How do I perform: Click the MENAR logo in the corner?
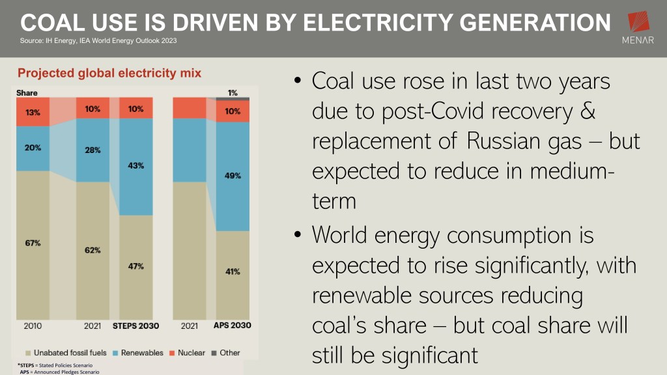[x=638, y=29]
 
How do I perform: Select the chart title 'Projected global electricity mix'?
[x=109, y=73]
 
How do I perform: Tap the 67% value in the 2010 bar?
[x=33, y=243]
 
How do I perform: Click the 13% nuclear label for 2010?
[x=33, y=112]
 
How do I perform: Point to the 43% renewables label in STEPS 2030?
[x=136, y=165]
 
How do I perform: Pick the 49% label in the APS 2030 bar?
[x=233, y=175]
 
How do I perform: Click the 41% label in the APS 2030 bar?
[x=233, y=271]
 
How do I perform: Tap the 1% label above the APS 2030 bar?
[x=233, y=92]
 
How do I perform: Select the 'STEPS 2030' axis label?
[x=135, y=325]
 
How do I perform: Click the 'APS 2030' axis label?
[x=233, y=325]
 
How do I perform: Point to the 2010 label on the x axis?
[x=33, y=325]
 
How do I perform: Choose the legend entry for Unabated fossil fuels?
[x=65, y=353]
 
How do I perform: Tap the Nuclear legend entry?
[x=189, y=353]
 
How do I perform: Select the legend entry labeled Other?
[x=225, y=353]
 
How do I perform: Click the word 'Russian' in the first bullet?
[x=505, y=141]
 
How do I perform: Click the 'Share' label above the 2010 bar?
[x=27, y=93]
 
